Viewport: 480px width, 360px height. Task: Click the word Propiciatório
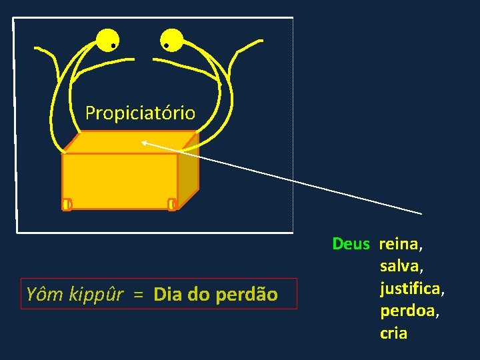140,113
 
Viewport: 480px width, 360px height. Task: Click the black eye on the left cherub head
114,46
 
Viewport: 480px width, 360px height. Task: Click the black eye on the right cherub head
166,46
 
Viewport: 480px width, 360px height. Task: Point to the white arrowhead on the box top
143,141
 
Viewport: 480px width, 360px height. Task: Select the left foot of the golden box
67,204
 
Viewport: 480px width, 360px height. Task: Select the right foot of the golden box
172,204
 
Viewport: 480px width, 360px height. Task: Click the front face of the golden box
120,180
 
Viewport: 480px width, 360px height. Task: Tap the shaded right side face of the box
189,173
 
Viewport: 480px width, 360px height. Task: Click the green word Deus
351,244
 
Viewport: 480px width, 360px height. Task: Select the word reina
399,244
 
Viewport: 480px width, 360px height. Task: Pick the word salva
401,267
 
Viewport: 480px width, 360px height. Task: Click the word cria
393,333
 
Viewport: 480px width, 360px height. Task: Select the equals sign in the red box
137,294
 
